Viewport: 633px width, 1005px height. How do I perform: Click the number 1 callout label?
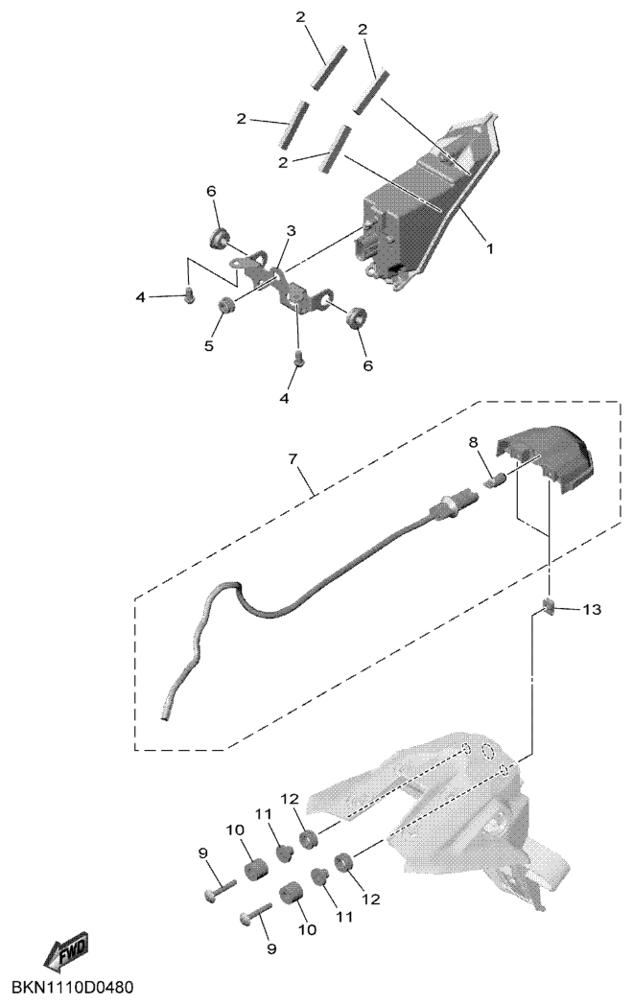(x=490, y=248)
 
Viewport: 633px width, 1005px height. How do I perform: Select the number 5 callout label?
(x=208, y=345)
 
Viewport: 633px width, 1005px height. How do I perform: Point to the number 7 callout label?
(x=293, y=459)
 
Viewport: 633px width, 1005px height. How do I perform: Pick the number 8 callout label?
(x=473, y=442)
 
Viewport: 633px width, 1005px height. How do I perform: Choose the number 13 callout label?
(x=593, y=610)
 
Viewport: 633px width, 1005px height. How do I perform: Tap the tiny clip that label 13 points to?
(x=550, y=604)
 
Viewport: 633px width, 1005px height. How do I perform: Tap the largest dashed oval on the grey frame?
(x=488, y=751)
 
